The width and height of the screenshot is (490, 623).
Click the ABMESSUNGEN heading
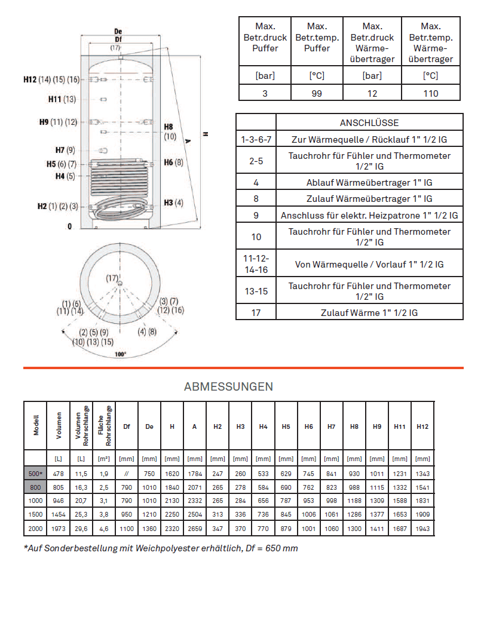228,386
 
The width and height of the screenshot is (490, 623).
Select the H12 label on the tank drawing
30,79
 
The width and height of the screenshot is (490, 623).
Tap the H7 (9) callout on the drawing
65,150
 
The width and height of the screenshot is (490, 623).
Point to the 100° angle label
120,354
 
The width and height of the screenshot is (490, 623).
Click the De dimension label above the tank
118,32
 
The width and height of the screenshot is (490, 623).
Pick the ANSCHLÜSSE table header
369,123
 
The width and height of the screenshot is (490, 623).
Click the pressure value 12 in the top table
372,93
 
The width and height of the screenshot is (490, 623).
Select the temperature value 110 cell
431,93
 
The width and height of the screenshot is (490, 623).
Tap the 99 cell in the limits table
317,93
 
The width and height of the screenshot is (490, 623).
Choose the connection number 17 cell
256,312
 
